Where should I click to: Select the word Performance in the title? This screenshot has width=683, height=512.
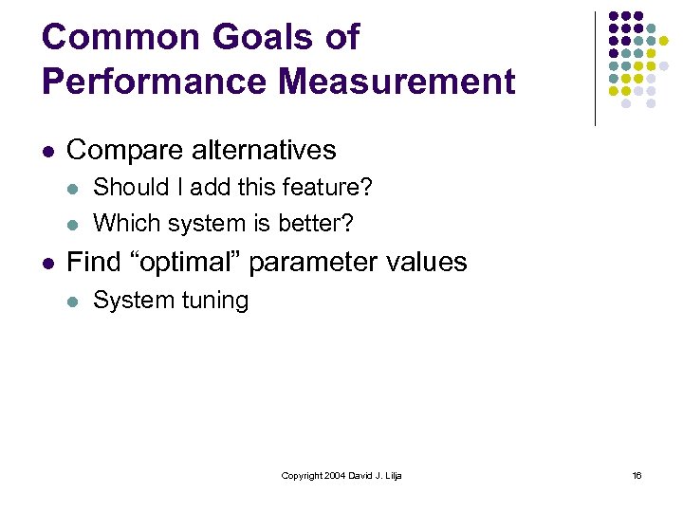pos(152,82)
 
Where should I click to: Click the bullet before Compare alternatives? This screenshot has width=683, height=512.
pos(48,151)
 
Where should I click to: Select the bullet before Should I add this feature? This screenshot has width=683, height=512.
pos(74,188)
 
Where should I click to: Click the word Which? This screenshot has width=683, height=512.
pos(120,223)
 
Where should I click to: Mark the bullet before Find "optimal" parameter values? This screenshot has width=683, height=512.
pos(48,263)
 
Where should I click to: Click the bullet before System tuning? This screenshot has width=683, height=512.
pos(74,301)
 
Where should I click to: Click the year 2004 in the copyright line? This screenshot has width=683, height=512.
pos(332,475)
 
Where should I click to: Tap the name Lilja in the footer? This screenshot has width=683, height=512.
pos(392,475)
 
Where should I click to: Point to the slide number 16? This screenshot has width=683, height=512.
pos(637,475)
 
